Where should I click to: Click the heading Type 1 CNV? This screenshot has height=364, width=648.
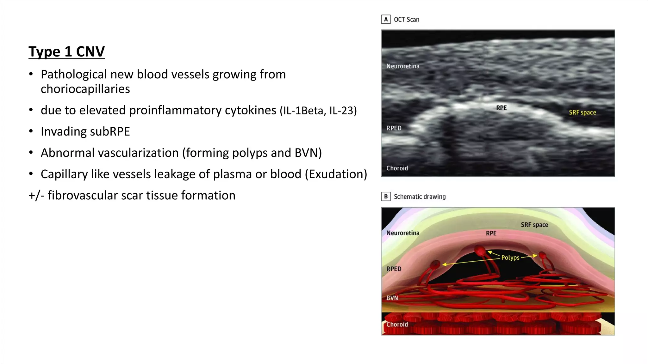(66, 52)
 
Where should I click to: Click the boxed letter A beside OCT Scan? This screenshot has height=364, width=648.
(386, 20)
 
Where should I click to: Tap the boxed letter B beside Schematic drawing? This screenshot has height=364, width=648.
(386, 197)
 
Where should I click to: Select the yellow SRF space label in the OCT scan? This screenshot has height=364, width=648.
(582, 112)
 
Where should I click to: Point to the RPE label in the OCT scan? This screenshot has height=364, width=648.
(501, 108)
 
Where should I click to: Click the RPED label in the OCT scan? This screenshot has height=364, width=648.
(394, 128)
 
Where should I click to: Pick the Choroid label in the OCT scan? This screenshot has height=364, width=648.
(397, 168)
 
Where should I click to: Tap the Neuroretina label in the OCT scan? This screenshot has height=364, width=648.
(402, 66)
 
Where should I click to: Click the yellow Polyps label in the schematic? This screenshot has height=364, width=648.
(510, 258)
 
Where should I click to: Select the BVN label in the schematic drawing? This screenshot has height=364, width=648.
(392, 298)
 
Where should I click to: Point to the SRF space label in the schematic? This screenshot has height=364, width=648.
(534, 225)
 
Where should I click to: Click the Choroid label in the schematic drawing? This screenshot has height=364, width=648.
(397, 324)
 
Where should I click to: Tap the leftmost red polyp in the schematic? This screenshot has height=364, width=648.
(435, 264)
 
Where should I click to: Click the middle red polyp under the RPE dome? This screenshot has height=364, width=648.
(480, 251)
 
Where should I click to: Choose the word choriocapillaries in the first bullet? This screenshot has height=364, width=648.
(85, 89)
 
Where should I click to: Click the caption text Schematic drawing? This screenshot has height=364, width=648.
(420, 197)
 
